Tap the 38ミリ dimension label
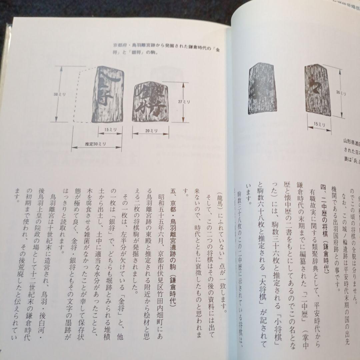[61, 94]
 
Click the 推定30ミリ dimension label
[95, 144]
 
